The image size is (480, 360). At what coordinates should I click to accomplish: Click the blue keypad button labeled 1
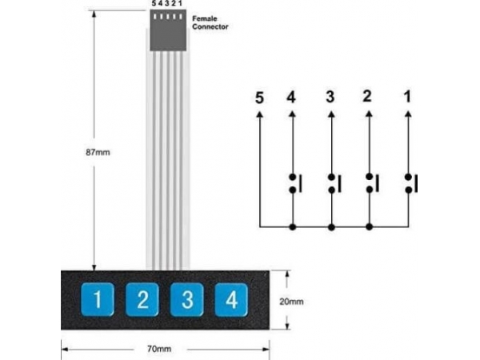98,299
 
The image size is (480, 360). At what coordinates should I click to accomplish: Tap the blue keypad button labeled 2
142,299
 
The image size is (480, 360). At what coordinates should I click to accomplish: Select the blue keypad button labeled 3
187,299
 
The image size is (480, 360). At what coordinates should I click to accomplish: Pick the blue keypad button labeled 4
231,299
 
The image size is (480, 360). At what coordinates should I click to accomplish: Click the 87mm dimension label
98,152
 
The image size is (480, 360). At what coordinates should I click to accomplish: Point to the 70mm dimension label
159,349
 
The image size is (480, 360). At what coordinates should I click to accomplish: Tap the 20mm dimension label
291,302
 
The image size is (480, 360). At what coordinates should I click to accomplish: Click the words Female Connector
210,22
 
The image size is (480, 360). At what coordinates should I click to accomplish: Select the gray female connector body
168,30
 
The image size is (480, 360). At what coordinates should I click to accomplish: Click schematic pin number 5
259,98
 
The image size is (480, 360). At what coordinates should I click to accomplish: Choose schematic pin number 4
291,98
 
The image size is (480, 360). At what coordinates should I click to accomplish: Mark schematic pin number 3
330,97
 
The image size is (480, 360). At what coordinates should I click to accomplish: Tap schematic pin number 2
367,96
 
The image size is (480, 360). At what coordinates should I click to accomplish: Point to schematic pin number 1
407,97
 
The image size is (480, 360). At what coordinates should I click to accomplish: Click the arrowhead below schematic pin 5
259,114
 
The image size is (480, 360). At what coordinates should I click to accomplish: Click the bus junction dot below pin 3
331,227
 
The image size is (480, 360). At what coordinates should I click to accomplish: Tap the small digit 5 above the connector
154,4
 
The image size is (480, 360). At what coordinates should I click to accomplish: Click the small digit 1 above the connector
180,4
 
